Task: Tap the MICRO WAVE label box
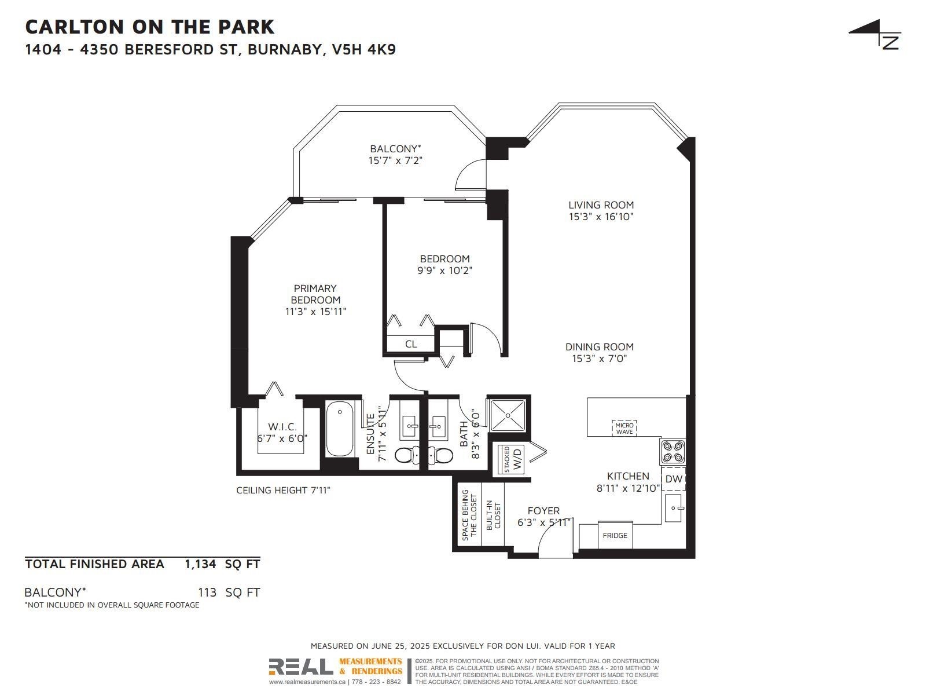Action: pos(624,428)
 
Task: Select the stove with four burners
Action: pos(673,452)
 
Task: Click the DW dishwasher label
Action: pos(673,479)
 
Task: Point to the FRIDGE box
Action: pos(615,536)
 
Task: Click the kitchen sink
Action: pos(673,508)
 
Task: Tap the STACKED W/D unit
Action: pos(511,459)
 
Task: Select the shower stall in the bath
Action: pos(508,416)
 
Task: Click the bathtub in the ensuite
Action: pos(340,429)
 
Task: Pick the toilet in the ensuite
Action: pos(406,455)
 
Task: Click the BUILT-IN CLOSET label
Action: pos(493,515)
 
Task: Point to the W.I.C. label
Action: pos(282,427)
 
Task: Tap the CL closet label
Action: pos(411,344)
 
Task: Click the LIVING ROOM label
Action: pos(601,205)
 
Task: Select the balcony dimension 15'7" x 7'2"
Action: pos(395,160)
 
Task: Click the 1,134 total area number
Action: pos(200,564)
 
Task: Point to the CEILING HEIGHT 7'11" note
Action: pos(283,490)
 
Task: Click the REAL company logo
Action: pos(301,667)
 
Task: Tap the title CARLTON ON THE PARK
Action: pos(150,27)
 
